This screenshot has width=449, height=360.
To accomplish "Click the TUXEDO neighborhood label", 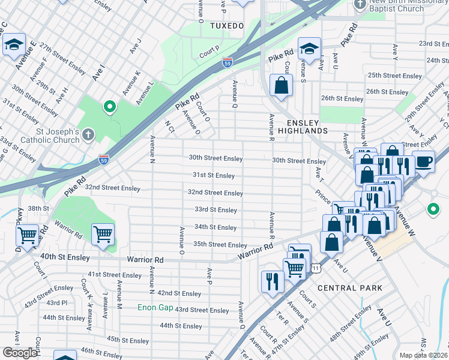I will pyautogui.click(x=228, y=26).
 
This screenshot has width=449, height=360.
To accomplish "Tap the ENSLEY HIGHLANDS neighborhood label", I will pyautogui.click(x=303, y=130).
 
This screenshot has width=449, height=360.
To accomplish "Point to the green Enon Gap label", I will pyautogui.click(x=155, y=308).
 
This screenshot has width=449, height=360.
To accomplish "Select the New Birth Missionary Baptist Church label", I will pyautogui.click(x=405, y=5).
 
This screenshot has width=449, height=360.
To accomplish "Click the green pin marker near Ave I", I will pyautogui.click(x=109, y=107).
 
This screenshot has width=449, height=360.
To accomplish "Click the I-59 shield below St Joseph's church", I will pyautogui.click(x=104, y=159).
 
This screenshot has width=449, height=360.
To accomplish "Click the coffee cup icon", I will pyautogui.click(x=423, y=161).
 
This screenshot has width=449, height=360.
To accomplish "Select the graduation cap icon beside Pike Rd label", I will pyautogui.click(x=309, y=49).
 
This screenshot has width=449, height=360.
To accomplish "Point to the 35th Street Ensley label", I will pyautogui.click(x=220, y=245).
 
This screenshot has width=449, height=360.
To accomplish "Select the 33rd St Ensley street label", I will pyautogui.click(x=215, y=210).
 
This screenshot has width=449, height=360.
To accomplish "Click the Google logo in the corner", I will pyautogui.click(x=20, y=352).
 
